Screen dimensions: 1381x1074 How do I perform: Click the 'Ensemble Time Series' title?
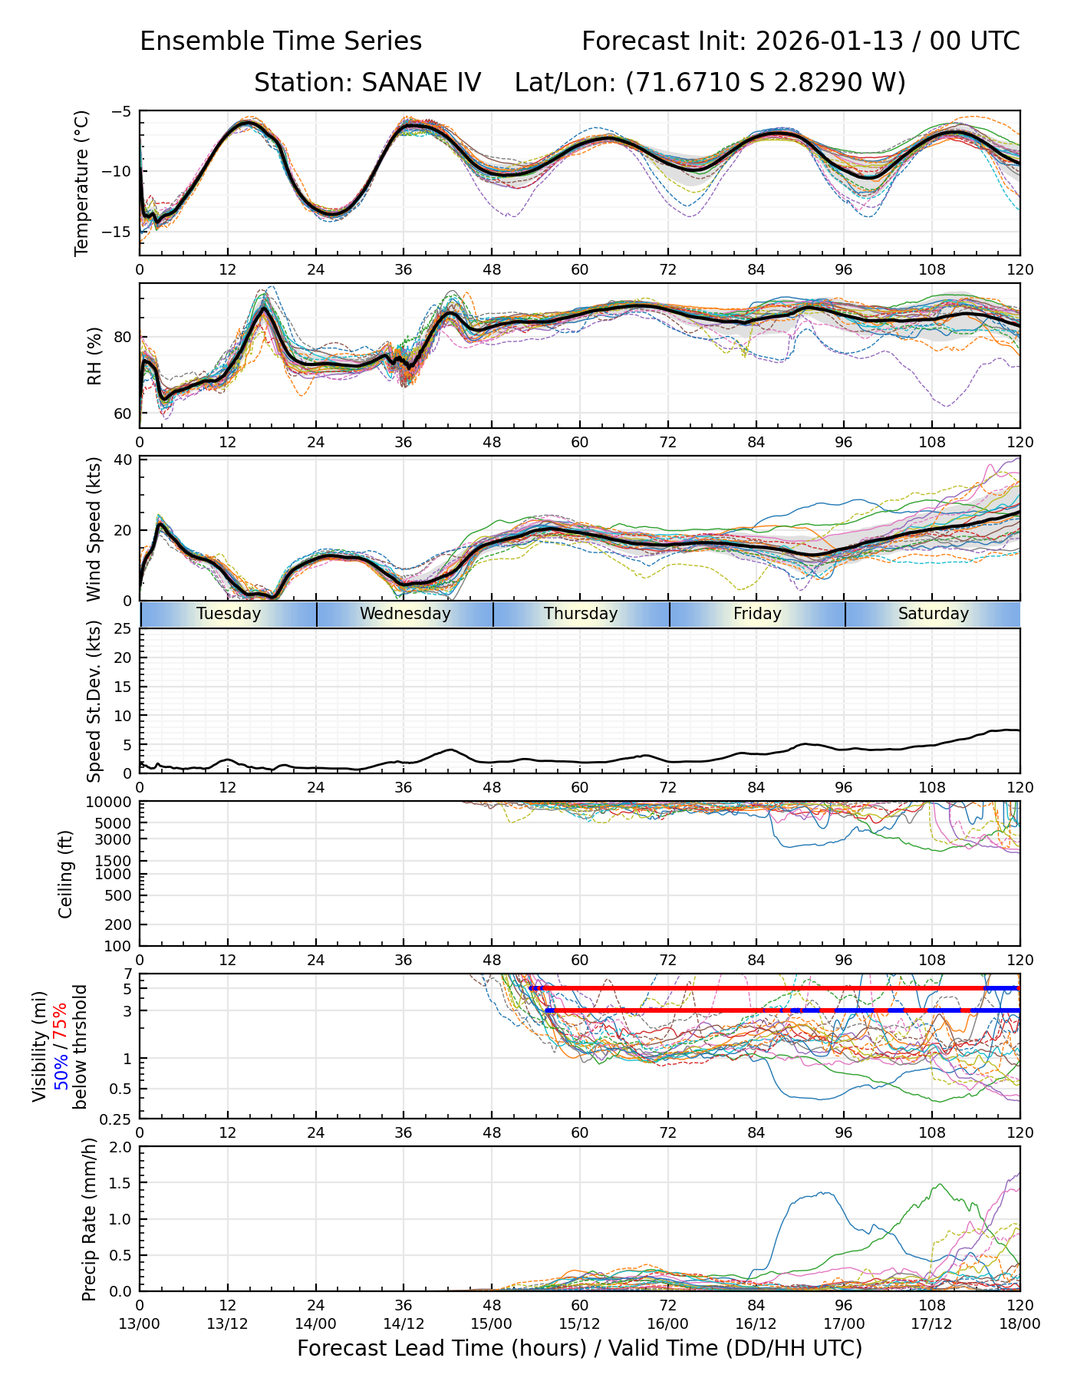[281, 41]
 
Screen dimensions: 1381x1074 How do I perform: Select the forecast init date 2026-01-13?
[829, 41]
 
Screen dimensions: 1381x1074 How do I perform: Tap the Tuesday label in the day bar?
[229, 614]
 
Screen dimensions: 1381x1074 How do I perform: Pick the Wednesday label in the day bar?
[405, 614]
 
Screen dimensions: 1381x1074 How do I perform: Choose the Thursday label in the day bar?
[581, 614]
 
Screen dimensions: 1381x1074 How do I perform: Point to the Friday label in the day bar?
[757, 614]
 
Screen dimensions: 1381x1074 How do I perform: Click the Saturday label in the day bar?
[934, 614]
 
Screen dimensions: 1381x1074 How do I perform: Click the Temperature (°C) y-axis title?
[82, 183]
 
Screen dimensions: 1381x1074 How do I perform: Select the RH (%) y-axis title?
[94, 356]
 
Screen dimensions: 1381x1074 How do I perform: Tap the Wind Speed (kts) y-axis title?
[94, 529]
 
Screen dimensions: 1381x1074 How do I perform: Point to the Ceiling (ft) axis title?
[66, 874]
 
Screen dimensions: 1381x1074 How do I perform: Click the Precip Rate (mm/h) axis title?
[90, 1219]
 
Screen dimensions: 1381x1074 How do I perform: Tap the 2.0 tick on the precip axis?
[122, 1147]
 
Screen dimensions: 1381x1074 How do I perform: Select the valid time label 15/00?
[492, 1323]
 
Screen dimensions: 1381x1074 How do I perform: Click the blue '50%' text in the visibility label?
[61, 1066]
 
